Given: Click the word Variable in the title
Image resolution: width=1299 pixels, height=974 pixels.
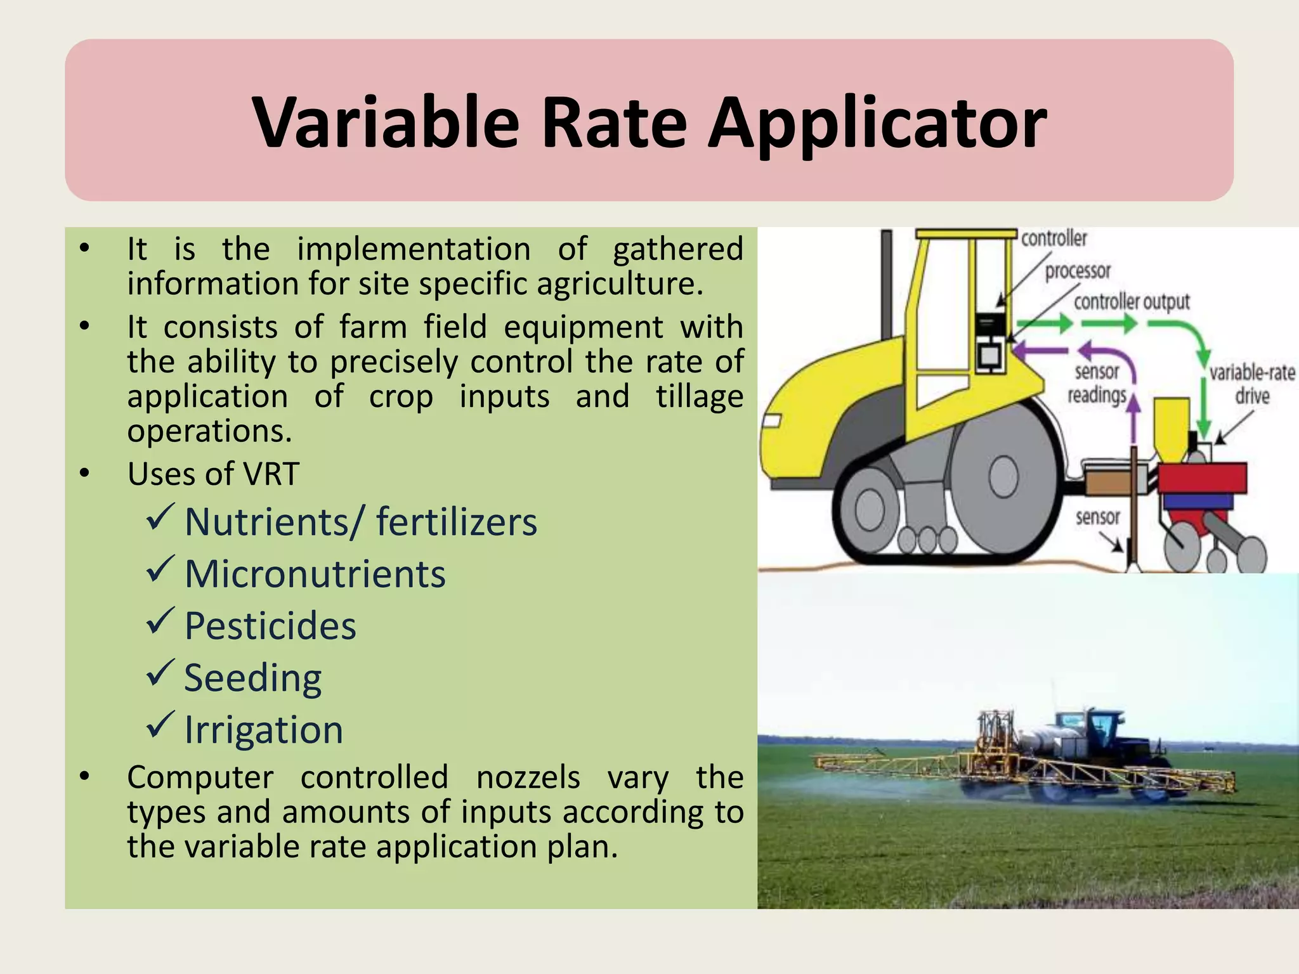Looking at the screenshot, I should (x=386, y=123).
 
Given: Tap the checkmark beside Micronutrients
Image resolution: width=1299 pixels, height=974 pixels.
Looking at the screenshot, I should (x=160, y=569).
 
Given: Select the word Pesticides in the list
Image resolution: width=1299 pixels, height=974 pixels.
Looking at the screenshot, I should (x=270, y=627).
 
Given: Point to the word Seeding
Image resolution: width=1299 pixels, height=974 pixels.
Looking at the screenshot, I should (x=253, y=679).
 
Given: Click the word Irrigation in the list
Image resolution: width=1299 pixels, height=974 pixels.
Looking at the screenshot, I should (x=263, y=730).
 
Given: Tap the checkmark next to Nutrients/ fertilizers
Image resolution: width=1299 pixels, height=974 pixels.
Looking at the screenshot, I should (x=160, y=517).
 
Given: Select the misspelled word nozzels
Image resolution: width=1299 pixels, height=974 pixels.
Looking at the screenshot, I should (x=528, y=777).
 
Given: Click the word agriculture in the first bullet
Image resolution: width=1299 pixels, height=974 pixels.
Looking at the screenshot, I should (x=620, y=283).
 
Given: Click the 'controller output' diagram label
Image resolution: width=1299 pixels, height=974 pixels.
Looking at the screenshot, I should (x=1131, y=302).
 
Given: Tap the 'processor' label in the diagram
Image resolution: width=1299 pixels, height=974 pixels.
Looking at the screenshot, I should (x=1078, y=271).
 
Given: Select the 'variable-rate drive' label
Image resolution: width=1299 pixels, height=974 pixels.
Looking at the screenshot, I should (x=1251, y=384).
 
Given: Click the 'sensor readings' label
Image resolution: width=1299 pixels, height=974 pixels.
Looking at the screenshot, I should (x=1097, y=383).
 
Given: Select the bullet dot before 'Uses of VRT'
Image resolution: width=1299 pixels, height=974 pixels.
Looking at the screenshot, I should (x=85, y=474).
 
